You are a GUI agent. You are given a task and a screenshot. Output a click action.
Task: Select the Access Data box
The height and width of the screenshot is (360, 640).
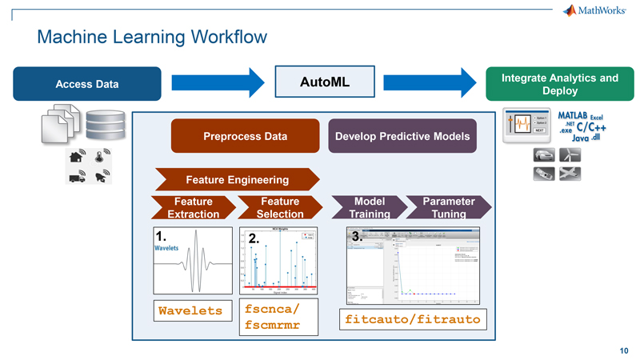coord(87,84)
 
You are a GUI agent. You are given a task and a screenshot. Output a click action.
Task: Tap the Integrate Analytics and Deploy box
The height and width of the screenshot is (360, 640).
coord(559,84)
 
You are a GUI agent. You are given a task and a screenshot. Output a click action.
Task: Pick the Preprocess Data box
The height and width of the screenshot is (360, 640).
coord(245,136)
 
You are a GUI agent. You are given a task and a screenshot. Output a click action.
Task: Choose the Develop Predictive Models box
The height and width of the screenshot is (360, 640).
coord(403,136)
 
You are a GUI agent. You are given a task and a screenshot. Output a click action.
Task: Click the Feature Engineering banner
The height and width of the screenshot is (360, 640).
coord(237,178)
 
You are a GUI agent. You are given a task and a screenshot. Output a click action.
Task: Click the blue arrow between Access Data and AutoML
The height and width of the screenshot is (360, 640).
coord(217,82)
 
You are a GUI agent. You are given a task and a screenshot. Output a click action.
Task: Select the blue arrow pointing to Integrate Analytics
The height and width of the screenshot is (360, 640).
coord(432,82)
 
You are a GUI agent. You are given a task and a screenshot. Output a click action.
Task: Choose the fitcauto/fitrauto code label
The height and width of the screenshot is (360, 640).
coord(412,319)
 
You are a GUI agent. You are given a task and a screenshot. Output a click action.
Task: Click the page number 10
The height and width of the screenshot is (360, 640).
coord(623,350)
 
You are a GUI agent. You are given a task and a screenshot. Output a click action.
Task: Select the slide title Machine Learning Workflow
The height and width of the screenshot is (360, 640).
coord(152,37)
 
